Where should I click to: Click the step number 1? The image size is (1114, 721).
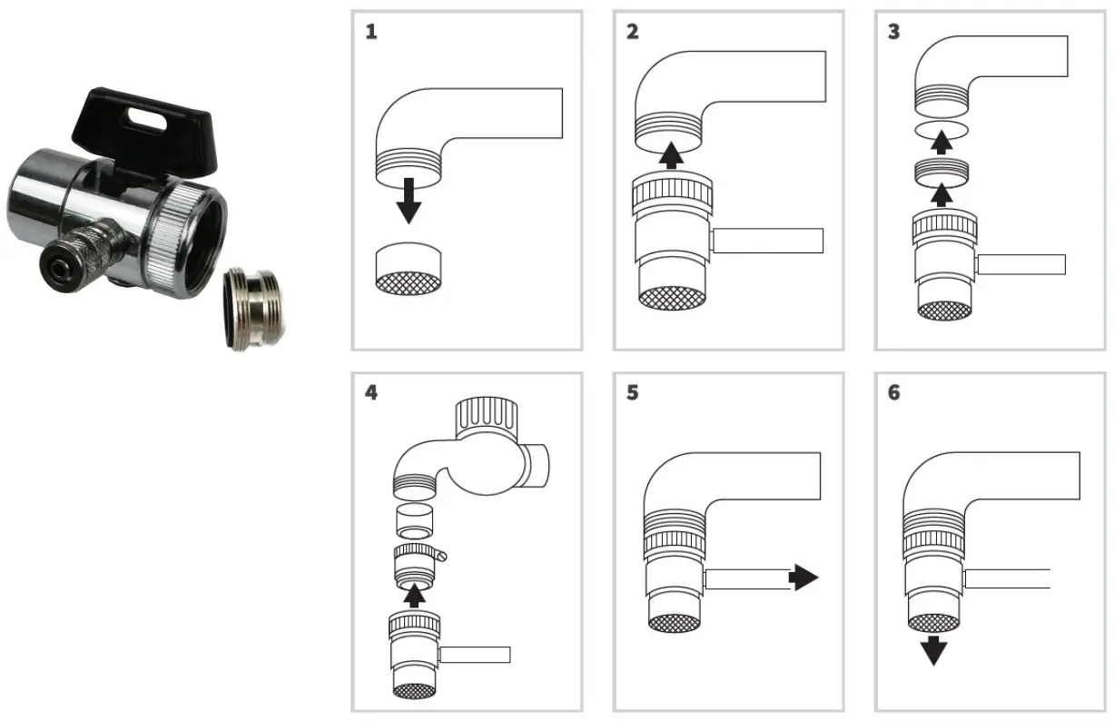pos(371,33)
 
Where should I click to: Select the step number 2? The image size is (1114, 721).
pos(633,33)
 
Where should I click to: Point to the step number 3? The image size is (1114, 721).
pos(894,33)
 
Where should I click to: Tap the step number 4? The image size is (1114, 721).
pos(371,393)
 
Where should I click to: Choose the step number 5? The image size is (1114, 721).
pos(633,393)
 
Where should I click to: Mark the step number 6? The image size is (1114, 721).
pos(894,393)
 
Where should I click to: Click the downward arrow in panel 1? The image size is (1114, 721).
pos(409,201)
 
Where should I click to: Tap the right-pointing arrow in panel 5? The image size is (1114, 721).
pos(803,578)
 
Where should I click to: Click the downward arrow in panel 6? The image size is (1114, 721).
pos(932,650)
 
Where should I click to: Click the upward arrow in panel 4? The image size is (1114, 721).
pos(414,594)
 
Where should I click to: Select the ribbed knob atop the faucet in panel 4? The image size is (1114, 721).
pos(490,420)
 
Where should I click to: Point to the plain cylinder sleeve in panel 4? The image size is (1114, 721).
pos(414,523)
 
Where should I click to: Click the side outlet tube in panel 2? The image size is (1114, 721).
pos(768,241)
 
